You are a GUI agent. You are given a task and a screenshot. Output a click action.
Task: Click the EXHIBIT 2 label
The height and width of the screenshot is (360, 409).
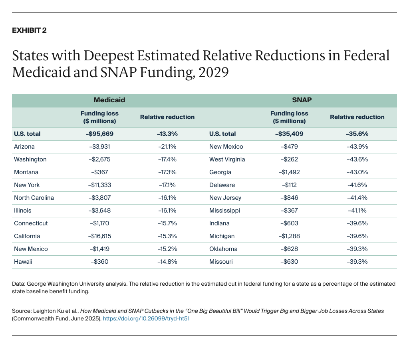[x=29, y=30]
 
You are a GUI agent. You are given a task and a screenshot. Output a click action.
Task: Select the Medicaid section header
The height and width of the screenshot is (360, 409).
[x=109, y=100]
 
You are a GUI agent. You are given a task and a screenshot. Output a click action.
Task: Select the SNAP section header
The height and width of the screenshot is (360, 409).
[x=302, y=100]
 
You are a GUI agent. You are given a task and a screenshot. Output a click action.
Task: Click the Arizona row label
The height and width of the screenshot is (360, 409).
[x=24, y=147]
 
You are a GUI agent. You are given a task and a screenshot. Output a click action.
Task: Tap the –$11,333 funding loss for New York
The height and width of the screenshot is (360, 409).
[x=99, y=185]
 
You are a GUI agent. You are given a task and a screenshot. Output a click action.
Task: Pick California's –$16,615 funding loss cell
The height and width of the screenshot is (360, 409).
[x=99, y=236]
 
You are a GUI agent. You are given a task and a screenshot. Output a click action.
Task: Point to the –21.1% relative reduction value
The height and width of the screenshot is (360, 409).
[x=167, y=147]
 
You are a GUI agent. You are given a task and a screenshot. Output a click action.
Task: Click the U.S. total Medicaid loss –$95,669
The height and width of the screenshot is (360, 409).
[x=99, y=134]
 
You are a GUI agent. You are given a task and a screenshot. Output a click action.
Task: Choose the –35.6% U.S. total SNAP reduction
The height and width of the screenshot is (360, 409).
[x=357, y=134]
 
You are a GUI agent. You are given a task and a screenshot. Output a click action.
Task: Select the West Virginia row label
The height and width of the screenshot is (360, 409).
[x=227, y=159]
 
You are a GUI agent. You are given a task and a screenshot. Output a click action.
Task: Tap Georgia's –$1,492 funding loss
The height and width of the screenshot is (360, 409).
[x=289, y=172]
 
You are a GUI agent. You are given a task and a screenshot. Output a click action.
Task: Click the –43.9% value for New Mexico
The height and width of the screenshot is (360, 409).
[x=357, y=147]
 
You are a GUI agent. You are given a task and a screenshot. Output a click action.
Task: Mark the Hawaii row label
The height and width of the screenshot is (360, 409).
[x=23, y=262]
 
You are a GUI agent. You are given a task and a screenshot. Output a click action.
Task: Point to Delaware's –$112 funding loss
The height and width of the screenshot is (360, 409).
[x=289, y=185]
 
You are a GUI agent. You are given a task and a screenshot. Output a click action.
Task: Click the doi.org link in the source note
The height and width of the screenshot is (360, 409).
[x=146, y=319]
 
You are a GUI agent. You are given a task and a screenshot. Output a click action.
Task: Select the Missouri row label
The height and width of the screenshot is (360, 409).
[x=221, y=262]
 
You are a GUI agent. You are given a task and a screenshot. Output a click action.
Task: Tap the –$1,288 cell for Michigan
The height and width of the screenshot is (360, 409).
[x=289, y=236]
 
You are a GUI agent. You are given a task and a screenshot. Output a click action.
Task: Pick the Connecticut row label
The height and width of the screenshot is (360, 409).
[x=31, y=223]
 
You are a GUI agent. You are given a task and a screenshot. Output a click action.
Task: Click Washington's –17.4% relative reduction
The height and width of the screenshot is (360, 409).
[x=167, y=159]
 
